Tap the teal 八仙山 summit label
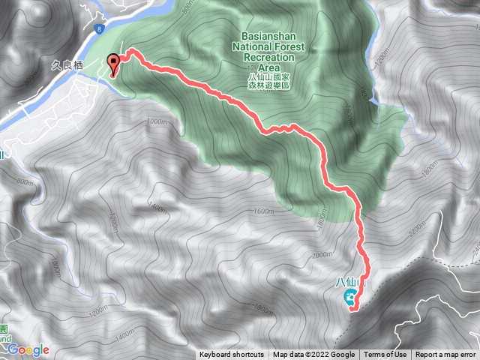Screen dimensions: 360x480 [x=349, y=283]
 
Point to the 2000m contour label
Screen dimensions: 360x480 [x=321, y=255]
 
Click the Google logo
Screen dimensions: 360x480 [x=28, y=349]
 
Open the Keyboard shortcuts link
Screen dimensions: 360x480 [x=232, y=355]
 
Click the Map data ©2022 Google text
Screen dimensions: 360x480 [x=313, y=355]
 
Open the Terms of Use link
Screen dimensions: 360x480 [x=385, y=355]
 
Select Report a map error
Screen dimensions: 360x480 [x=446, y=355]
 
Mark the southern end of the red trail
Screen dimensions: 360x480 [x=352, y=307]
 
